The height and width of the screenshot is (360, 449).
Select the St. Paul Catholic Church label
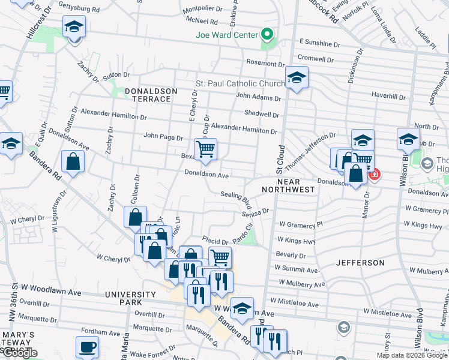click(241, 83)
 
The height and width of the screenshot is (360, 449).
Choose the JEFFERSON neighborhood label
click(360, 263)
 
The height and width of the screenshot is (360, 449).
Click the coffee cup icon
click(88, 347)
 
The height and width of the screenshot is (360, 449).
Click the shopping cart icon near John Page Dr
click(205, 149)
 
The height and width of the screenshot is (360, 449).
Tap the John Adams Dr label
click(259, 97)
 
